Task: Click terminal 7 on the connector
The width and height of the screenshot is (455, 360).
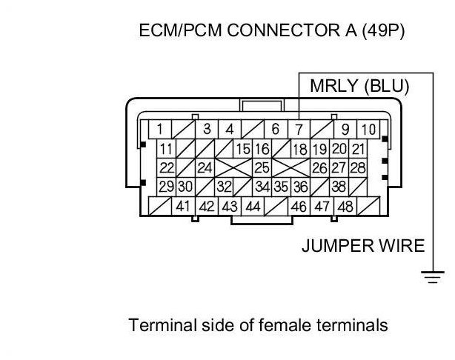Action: click(298, 130)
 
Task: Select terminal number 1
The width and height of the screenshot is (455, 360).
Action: click(159, 130)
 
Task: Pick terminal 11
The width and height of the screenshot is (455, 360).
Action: click(166, 149)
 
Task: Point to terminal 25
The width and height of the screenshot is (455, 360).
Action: click(262, 168)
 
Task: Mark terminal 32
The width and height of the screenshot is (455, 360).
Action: click(224, 187)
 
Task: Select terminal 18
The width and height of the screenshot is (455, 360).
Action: click(300, 149)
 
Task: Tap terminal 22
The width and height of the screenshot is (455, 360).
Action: click(166, 168)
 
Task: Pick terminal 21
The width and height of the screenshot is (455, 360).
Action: click(359, 149)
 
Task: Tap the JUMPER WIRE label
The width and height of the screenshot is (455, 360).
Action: click(363, 245)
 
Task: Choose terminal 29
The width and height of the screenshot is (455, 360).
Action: click(166, 187)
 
